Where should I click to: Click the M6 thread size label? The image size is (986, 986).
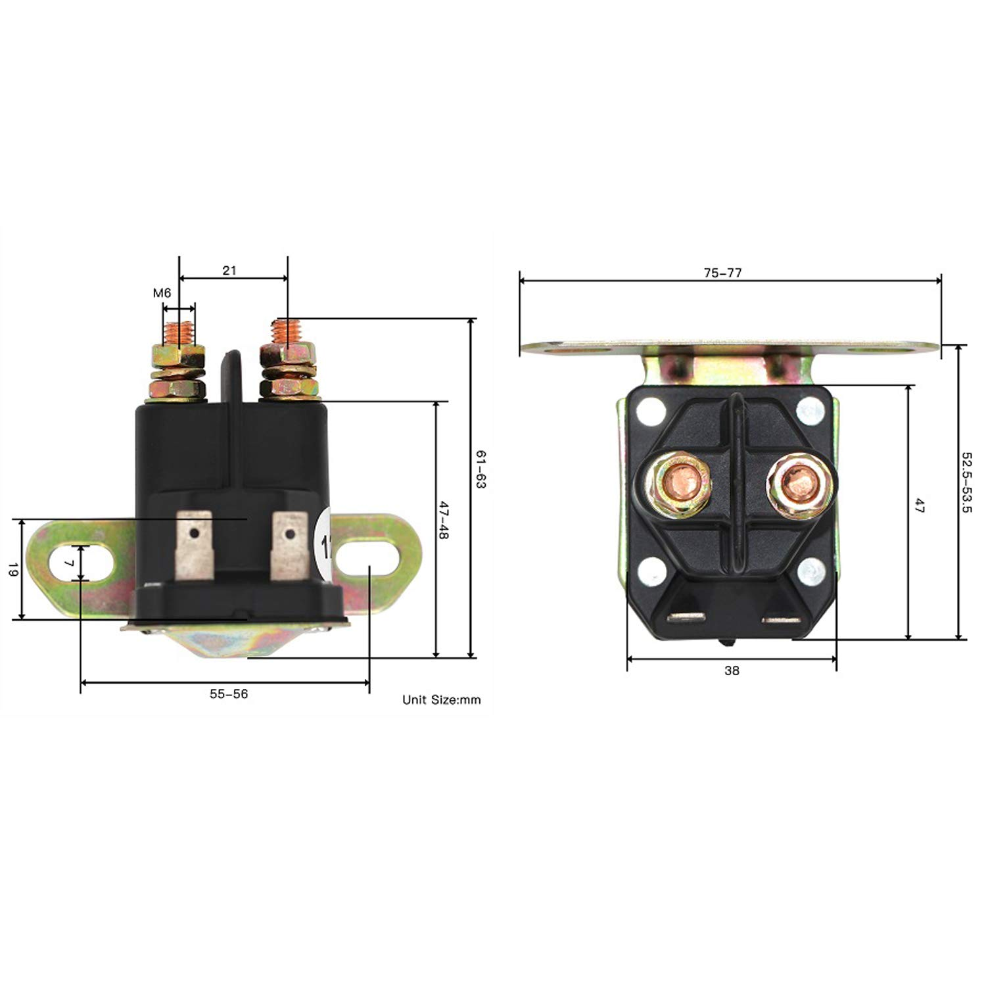pos(162,293)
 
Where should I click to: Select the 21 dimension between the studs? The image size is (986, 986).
pos(229,270)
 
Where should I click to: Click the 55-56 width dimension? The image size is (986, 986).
pos(229,694)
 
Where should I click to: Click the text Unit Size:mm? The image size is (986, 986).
pos(441,700)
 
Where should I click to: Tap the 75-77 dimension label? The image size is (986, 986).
pos(722,273)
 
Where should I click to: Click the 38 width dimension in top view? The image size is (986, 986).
pos(732,670)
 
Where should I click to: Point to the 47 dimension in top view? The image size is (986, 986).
pos(919,506)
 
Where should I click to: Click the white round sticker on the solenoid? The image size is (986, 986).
pos(324,544)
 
